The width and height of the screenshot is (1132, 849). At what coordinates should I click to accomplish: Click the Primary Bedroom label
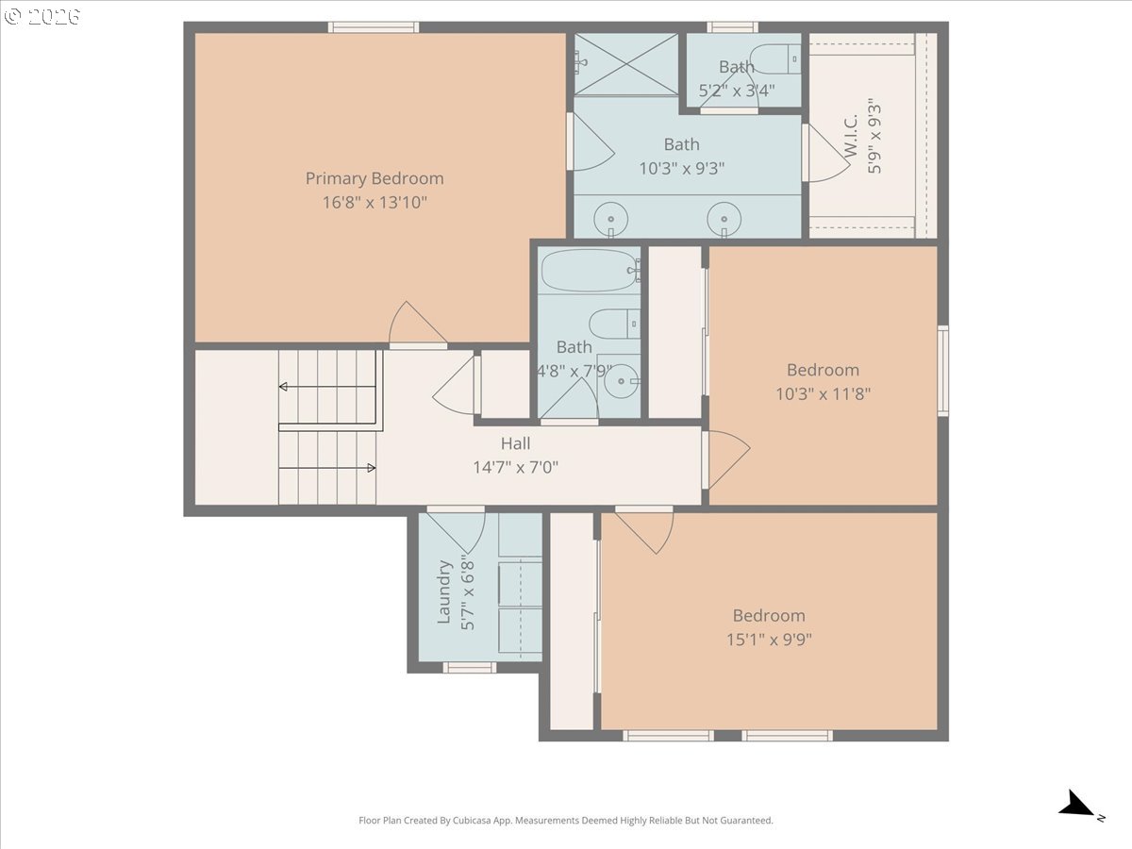pos(375,178)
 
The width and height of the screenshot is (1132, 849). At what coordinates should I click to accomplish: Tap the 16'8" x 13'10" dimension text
pos(375,202)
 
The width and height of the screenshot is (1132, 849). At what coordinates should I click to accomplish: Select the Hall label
pos(515,443)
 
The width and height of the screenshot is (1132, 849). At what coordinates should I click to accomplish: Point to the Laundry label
pos(445,592)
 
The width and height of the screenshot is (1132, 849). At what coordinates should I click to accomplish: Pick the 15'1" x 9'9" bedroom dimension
pos(769,640)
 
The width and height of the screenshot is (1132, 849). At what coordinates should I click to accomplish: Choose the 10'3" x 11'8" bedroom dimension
pos(823,393)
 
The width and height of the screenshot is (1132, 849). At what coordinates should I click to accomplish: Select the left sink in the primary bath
pos(610,219)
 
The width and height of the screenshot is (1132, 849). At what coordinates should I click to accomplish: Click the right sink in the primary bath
pos(724,219)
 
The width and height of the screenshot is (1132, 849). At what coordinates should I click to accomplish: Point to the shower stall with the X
pos(626,63)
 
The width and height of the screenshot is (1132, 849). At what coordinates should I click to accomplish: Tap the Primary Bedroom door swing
pos(418,325)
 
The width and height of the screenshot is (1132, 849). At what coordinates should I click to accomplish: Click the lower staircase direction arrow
pos(370,467)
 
